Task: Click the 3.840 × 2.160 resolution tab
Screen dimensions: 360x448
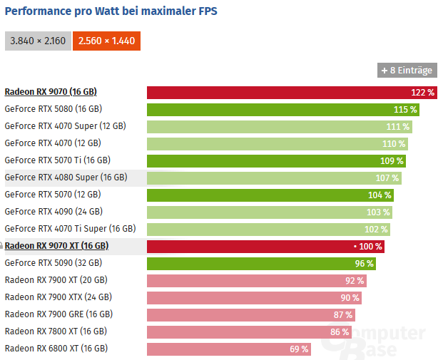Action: (x=37, y=41)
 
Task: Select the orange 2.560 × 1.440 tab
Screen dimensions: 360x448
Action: (x=106, y=41)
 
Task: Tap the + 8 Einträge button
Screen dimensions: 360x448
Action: (x=407, y=70)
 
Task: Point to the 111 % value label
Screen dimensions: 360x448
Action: (x=398, y=126)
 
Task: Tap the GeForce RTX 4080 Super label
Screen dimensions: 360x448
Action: (x=66, y=178)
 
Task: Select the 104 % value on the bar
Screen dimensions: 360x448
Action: (x=380, y=195)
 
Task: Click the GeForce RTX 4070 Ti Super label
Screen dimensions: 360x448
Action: (x=70, y=229)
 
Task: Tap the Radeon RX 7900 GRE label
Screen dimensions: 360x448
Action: (x=58, y=314)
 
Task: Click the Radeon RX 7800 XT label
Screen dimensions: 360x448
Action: (x=56, y=331)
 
